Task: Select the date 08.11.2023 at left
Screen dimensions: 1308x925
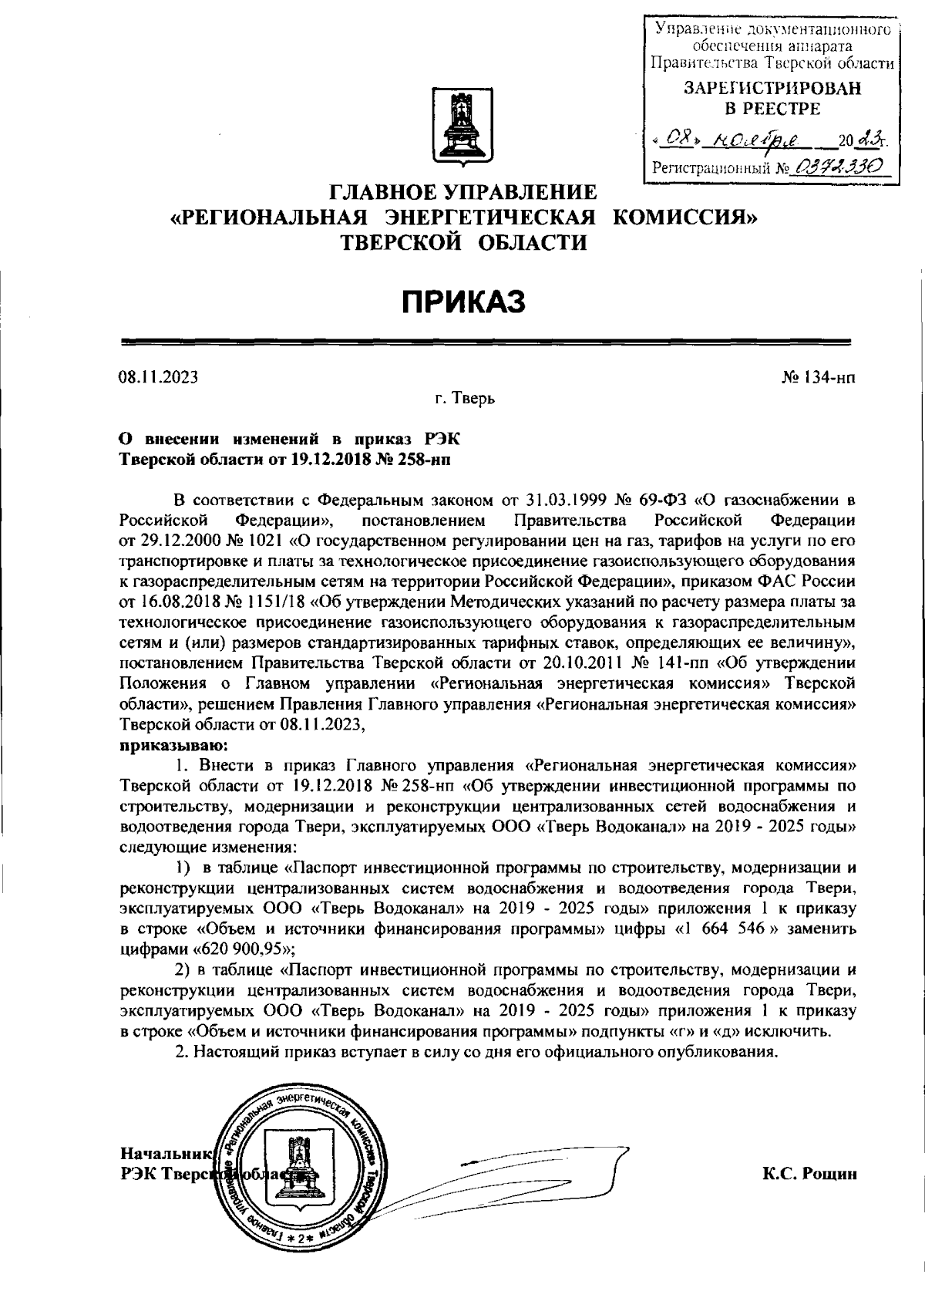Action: pos(158,377)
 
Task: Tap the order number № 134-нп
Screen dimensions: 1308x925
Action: pos(819,377)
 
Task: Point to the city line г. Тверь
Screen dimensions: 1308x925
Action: pos(463,399)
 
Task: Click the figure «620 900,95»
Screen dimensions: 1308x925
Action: pos(239,948)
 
